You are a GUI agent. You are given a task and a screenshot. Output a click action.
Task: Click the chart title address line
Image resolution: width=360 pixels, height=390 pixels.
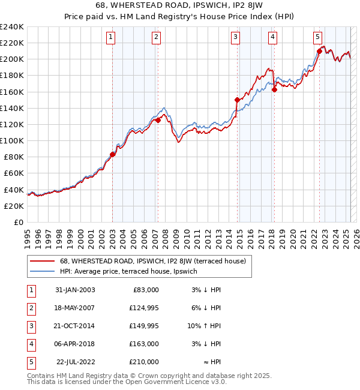181,6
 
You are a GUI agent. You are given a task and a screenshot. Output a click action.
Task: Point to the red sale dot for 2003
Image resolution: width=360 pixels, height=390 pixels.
113,154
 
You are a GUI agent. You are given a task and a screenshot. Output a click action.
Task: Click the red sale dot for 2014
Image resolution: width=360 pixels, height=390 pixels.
238,100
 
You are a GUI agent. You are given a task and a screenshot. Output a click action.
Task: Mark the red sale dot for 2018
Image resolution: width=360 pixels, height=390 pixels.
274,89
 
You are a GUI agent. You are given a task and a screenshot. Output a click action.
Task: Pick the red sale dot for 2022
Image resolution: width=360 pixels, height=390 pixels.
319,51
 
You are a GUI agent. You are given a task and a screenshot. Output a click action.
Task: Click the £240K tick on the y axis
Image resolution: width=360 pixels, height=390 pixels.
12,27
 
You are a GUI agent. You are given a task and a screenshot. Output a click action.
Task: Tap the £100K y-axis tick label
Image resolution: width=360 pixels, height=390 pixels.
12,140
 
